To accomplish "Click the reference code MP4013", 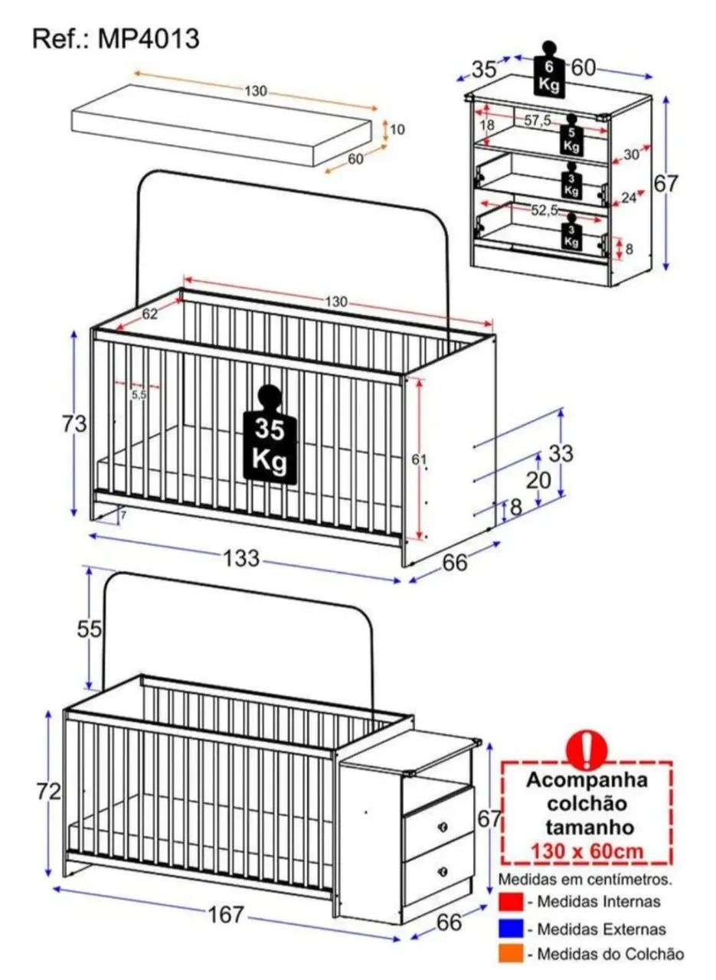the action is tap(149, 39).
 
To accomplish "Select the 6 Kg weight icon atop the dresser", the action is tap(549, 69).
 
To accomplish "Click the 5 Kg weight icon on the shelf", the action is tap(571, 134).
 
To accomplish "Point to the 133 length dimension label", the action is tap(241, 559).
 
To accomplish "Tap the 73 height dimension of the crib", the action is tap(74, 424).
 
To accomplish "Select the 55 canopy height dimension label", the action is tap(90, 629).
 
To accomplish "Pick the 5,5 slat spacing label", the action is tap(139, 394).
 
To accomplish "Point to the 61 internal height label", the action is tap(419, 459).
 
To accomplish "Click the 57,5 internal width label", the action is tap(538, 120).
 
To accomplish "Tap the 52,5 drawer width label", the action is tap(545, 211).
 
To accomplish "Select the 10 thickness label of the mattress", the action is tap(397, 129).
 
